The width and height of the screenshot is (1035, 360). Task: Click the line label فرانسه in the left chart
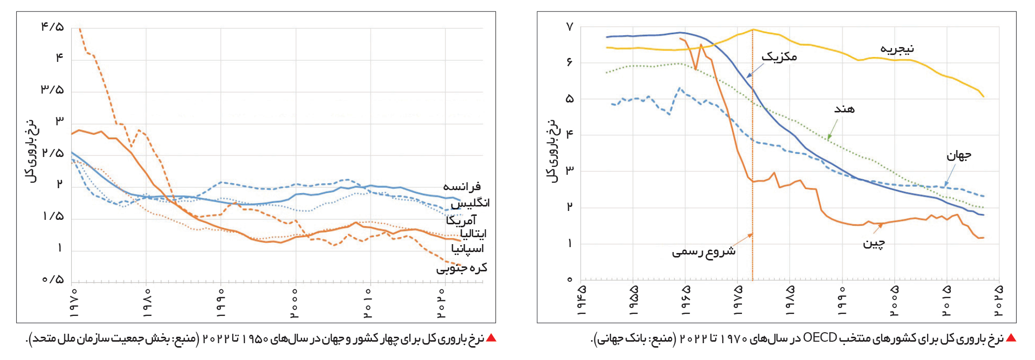point(462,187)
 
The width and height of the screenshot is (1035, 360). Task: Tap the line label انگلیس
point(470,203)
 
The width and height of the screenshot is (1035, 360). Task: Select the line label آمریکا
point(461,220)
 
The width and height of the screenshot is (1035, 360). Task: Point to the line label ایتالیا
point(473,233)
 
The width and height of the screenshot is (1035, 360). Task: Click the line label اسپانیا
point(467,248)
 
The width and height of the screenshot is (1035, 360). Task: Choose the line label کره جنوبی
point(461,268)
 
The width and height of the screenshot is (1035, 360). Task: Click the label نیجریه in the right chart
point(897,49)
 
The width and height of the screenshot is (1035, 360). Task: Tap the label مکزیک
point(779,56)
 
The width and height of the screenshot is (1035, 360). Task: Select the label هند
point(844,109)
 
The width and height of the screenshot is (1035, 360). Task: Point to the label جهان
point(959,155)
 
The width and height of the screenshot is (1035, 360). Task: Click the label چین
point(874,243)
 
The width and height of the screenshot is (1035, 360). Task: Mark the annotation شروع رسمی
point(703,252)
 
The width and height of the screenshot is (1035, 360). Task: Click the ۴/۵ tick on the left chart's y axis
point(52,27)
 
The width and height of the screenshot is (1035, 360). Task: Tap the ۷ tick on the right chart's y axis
point(570,27)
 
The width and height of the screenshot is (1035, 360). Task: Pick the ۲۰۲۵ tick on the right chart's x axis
point(998,300)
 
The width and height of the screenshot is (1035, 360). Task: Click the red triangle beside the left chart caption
point(491,338)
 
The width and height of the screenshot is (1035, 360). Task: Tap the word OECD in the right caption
point(820,338)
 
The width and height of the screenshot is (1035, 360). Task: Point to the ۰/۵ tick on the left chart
point(52,280)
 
